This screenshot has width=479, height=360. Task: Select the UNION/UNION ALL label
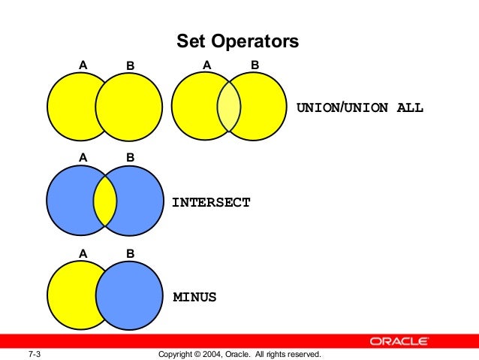pos(360,107)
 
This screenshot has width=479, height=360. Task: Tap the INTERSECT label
pos(211,202)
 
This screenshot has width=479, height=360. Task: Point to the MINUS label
pos(194,297)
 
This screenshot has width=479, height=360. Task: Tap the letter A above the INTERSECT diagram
pos(83,158)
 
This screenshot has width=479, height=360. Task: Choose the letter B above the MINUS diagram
pos(130,253)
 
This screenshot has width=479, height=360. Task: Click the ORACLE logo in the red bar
pos(399,341)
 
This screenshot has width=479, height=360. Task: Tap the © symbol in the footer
pos(196,353)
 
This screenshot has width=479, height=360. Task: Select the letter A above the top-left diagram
pos(83,65)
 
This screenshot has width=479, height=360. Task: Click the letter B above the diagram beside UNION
pos(255,65)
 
